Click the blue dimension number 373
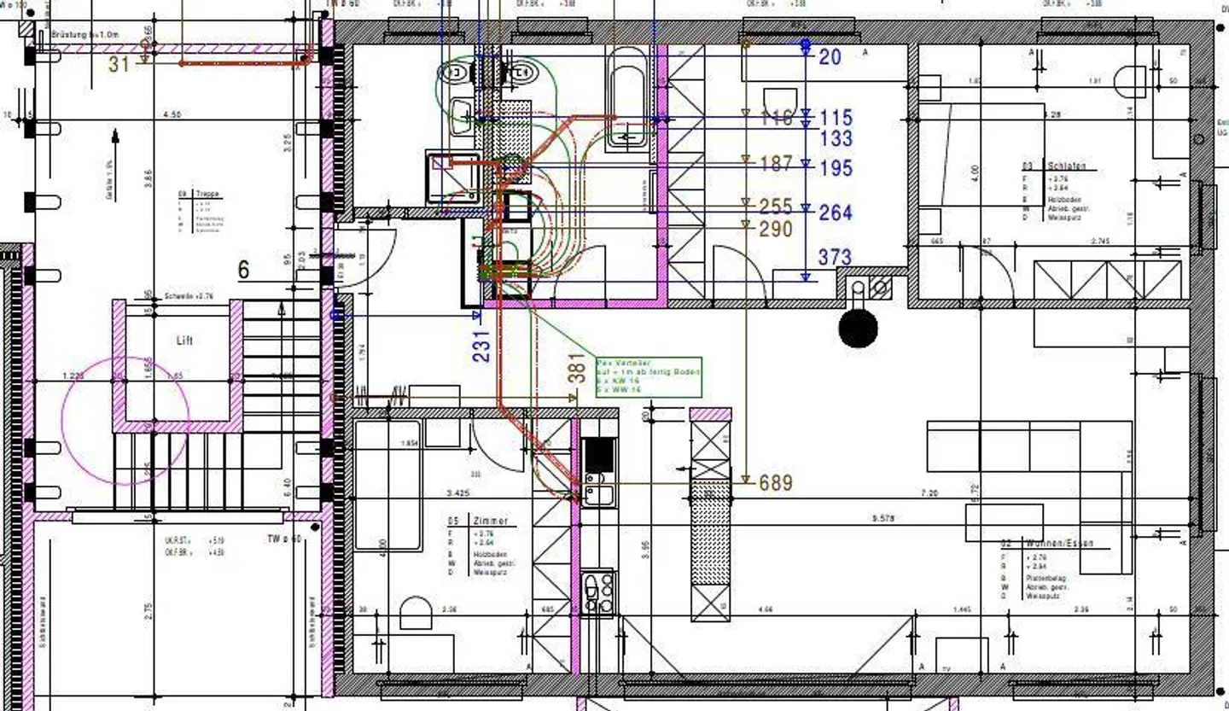(835, 256)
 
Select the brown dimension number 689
(775, 483)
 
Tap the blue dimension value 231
(482, 346)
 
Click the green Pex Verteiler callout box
(649, 376)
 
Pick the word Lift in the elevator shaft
(184, 340)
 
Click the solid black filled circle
(858, 329)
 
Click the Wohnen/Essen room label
(1058, 543)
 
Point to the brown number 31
(119, 63)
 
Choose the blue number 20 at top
(830, 57)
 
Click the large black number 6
(244, 271)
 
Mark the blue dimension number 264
(836, 212)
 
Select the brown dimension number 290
(775, 229)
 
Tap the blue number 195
(836, 168)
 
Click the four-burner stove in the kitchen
(597, 591)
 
